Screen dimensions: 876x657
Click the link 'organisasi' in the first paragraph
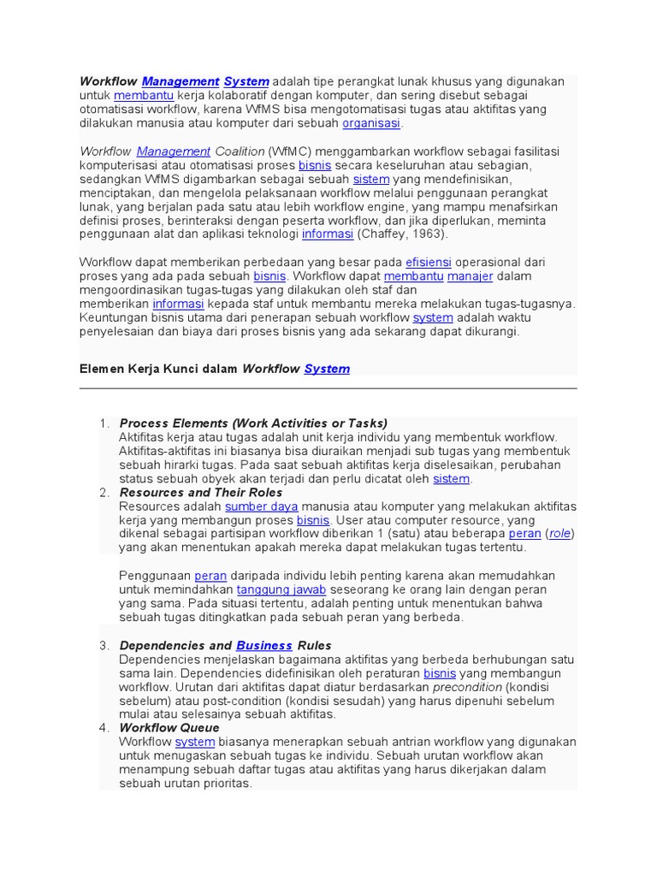[371, 123]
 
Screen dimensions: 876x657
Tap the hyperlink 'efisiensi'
[428, 262]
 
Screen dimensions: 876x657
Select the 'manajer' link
[470, 276]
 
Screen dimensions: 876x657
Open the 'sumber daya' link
[261, 506]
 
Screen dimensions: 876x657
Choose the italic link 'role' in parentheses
[559, 534]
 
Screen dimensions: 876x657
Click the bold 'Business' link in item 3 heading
[264, 645]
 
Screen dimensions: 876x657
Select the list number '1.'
[104, 423]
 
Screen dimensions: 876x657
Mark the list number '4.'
[104, 728]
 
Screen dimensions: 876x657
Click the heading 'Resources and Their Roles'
[201, 493]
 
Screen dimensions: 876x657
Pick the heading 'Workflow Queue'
[169, 728]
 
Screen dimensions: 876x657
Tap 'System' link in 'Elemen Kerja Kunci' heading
[327, 369]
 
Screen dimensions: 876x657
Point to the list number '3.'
[104, 645]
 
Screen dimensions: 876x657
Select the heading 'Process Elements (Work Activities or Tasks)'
[253, 423]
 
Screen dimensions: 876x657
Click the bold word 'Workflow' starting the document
[108, 81]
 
